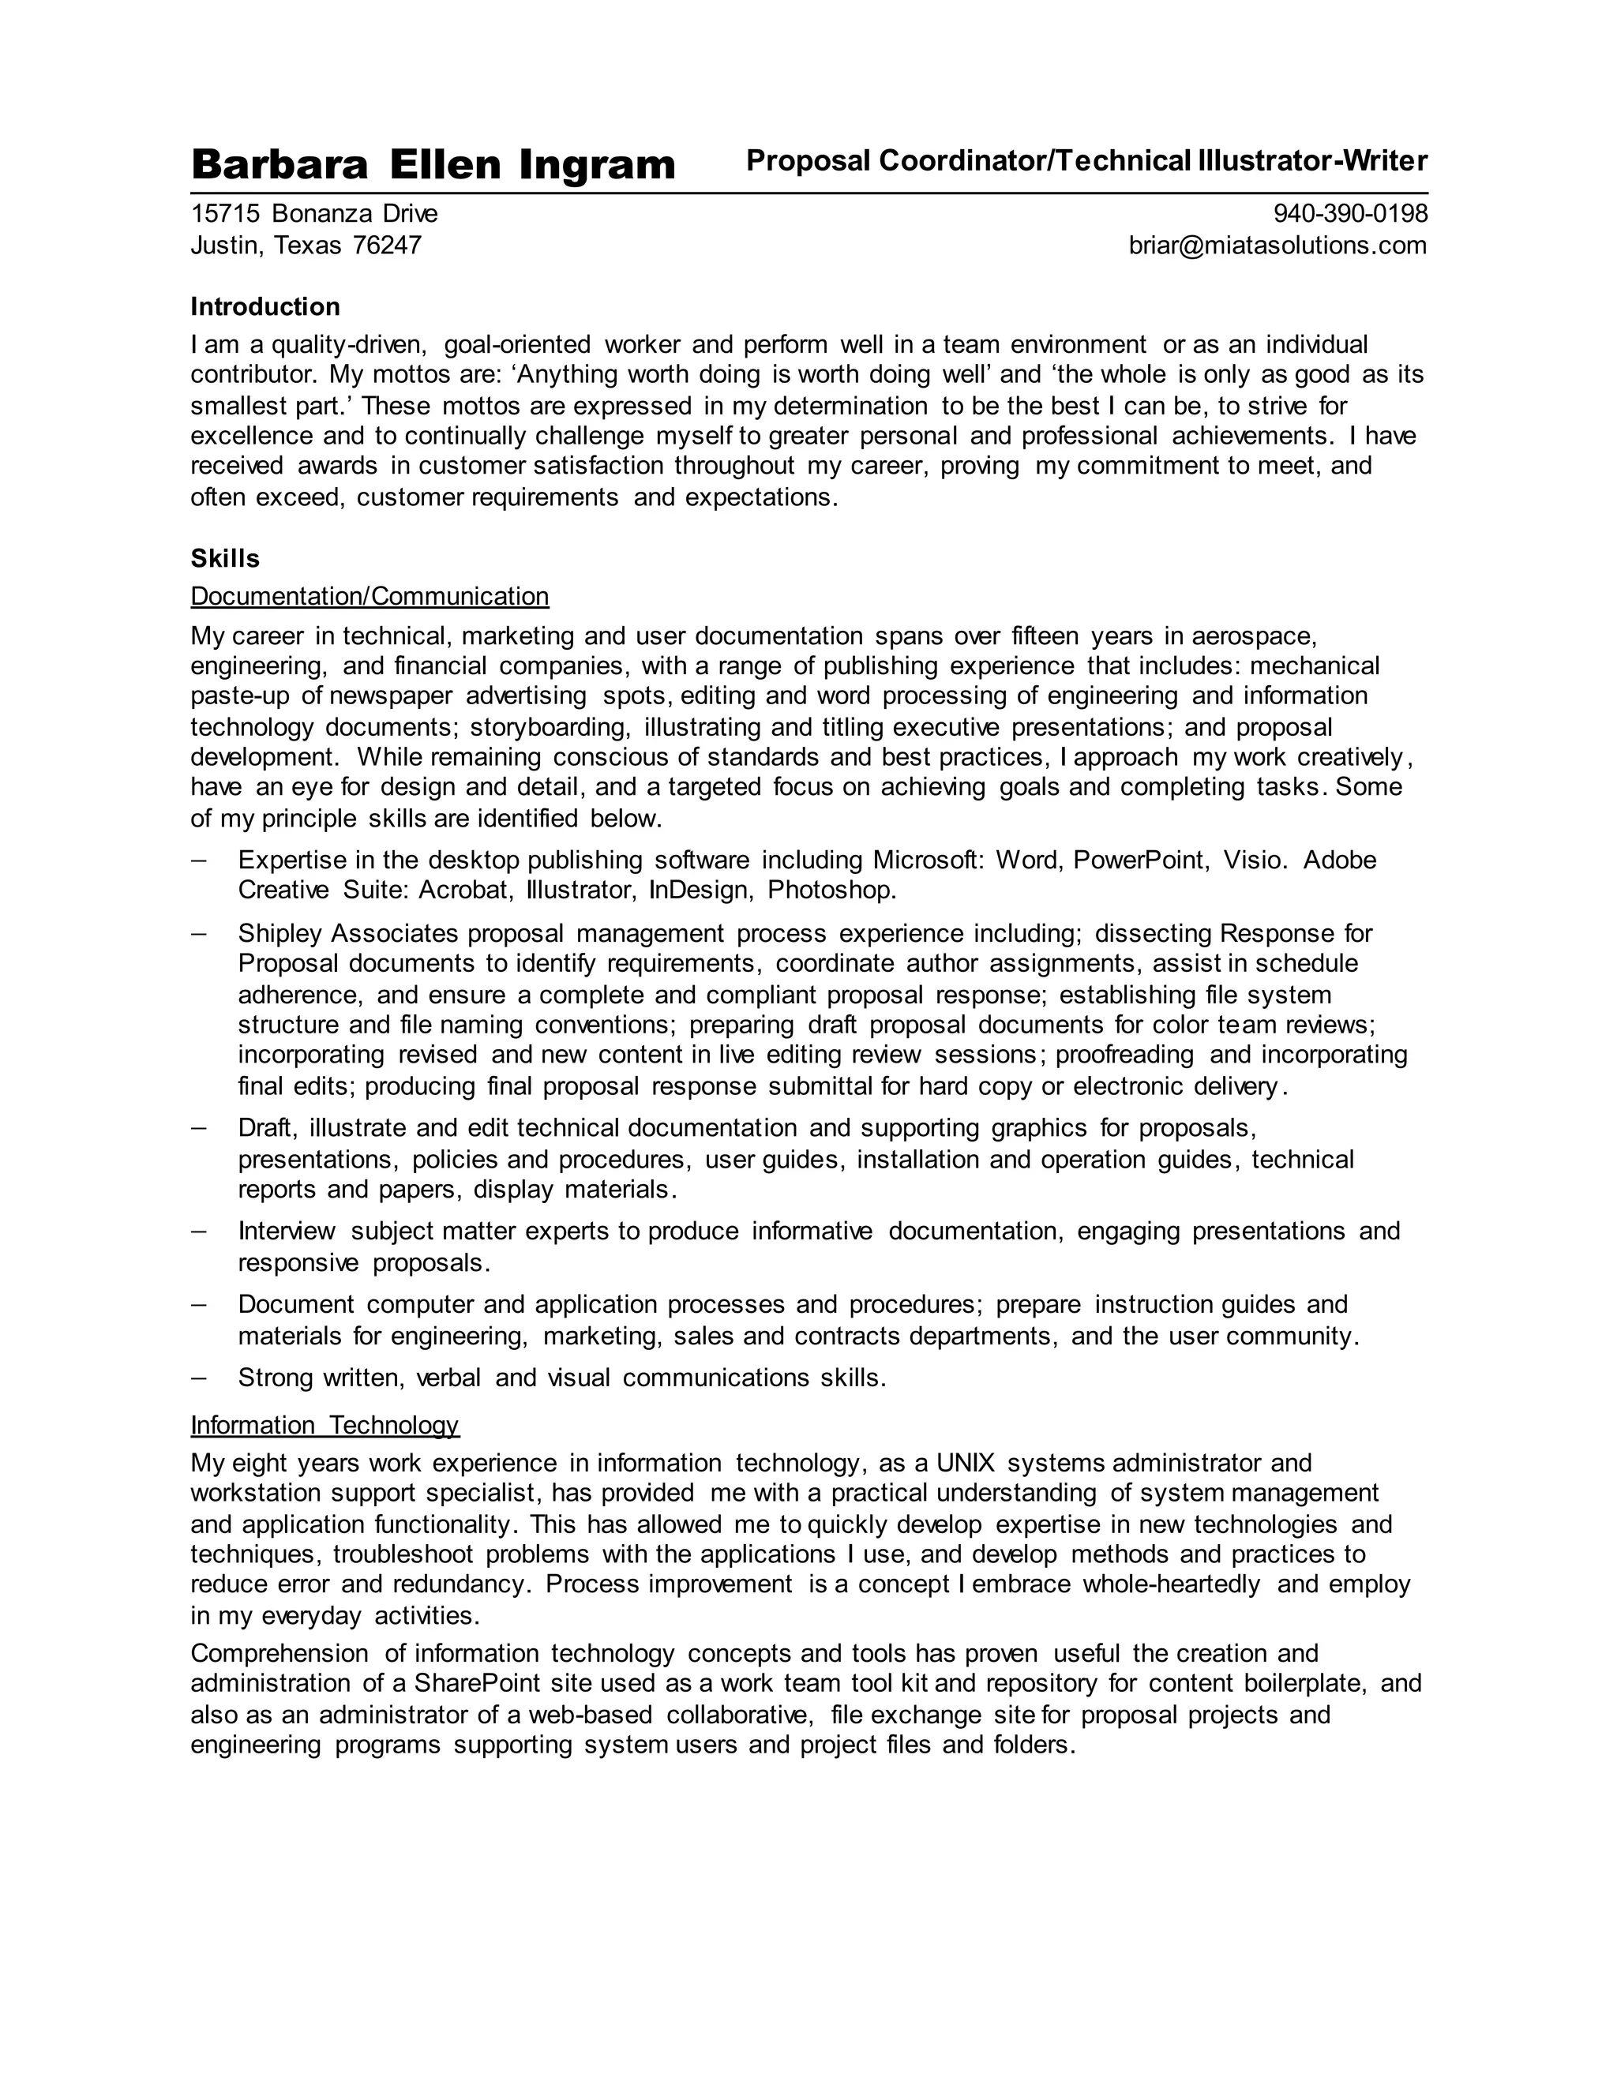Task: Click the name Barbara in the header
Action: click(279, 165)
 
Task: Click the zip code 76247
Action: click(387, 246)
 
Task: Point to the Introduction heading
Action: click(265, 306)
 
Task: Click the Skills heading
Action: click(225, 558)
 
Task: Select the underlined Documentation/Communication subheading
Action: click(370, 597)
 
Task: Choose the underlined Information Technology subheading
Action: click(325, 1425)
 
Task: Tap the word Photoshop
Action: click(831, 890)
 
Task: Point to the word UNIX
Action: click(966, 1464)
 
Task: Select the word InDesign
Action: click(701, 890)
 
